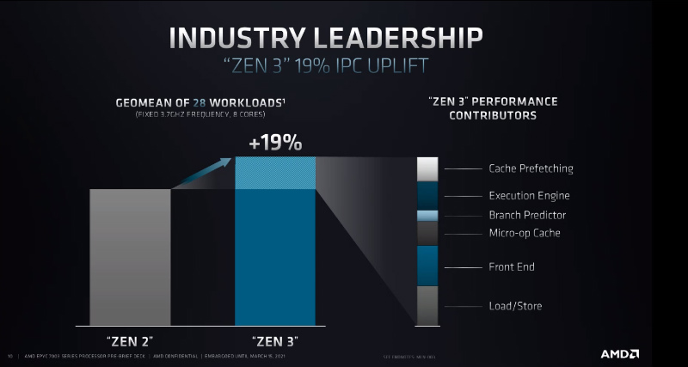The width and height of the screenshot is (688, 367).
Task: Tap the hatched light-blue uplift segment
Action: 275,172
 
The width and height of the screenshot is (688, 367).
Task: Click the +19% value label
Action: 275,143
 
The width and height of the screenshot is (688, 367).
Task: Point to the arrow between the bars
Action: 202,172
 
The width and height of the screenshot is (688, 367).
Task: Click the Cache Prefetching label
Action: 531,168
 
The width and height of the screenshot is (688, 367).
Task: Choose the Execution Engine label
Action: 529,196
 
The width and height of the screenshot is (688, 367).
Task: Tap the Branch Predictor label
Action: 527,215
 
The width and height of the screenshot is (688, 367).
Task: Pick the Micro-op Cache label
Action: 524,233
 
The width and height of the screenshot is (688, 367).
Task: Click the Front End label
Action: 512,267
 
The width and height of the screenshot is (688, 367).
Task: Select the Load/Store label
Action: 515,306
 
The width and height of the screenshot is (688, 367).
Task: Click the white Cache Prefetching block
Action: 427,168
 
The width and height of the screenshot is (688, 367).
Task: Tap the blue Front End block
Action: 427,266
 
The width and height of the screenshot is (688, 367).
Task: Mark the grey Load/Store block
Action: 427,305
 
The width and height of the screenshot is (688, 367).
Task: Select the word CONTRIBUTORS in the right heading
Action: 493,115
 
